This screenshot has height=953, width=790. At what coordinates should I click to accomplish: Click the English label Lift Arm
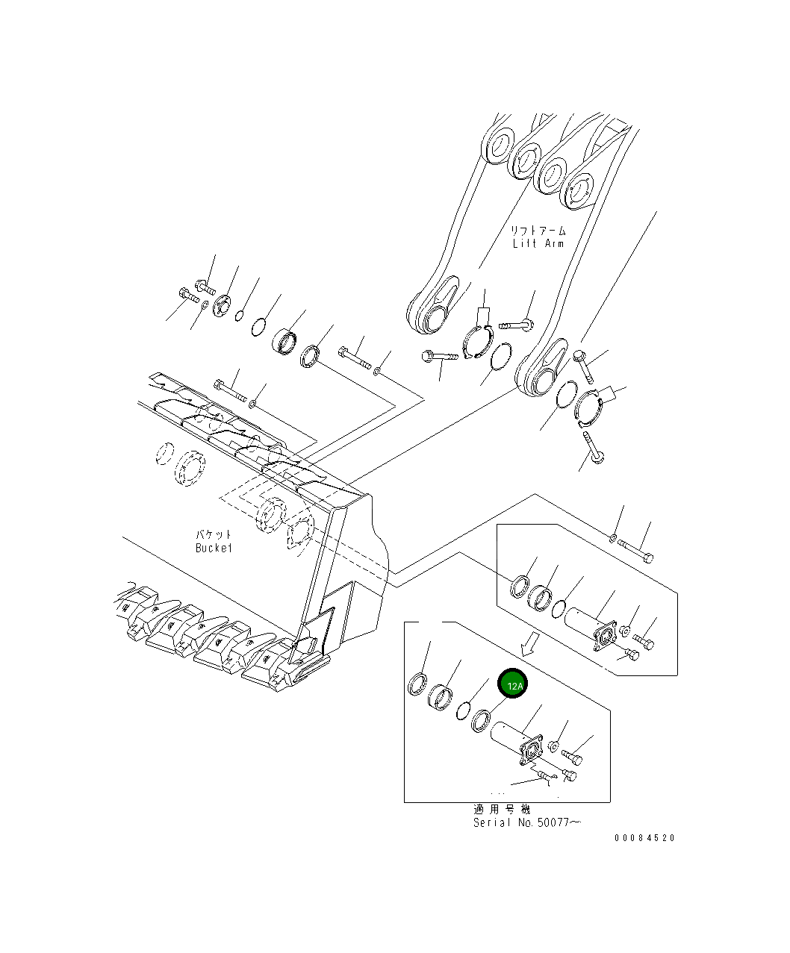pos(538,243)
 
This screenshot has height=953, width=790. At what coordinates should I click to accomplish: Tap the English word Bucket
pos(214,548)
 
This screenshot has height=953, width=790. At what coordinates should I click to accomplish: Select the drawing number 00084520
pos(644,838)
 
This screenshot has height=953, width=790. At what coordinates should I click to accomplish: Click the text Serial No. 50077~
pos(526,822)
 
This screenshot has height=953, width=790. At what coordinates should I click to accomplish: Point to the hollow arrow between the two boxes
pos(529,643)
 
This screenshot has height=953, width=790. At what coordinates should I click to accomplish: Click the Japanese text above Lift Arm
pos(538,231)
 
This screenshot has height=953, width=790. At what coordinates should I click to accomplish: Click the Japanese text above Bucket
pos(214,534)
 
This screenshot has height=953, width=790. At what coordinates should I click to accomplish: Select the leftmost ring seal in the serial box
pos(418,684)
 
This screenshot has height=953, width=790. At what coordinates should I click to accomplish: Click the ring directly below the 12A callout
pos(480,721)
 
